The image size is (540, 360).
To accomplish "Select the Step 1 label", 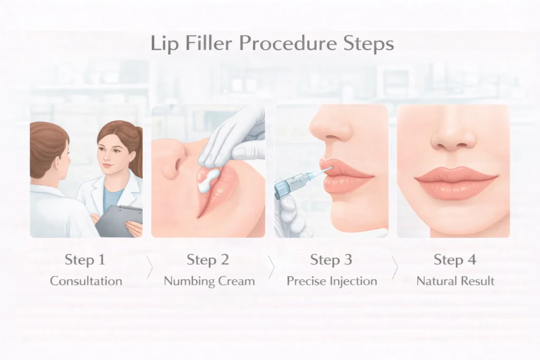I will (x=85, y=259).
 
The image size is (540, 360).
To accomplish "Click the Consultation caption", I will (x=86, y=281).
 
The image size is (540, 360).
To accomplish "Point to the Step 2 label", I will (x=208, y=259).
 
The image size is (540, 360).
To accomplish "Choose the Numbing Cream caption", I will (x=209, y=281).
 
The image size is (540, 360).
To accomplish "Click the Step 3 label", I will (x=332, y=259).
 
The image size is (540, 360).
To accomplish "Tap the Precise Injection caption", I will (x=332, y=281).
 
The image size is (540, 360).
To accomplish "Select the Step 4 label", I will (x=455, y=259).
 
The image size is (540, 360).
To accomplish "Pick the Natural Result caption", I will (x=456, y=281).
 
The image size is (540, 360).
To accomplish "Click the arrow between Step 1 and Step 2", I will (x=149, y=268).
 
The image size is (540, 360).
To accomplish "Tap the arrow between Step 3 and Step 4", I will (x=394, y=268).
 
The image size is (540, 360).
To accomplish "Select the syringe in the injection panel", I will (x=298, y=182).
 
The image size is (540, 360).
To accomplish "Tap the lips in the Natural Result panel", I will (x=455, y=181).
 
